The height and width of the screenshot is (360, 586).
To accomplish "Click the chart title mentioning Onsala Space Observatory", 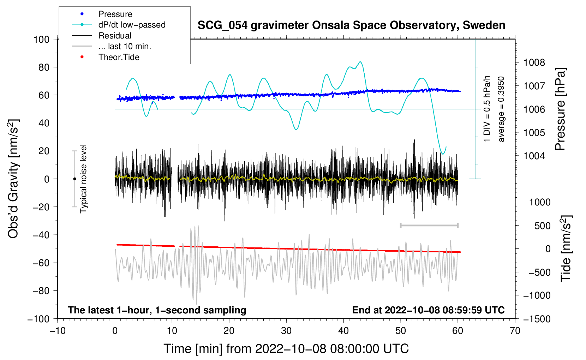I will click(351, 25).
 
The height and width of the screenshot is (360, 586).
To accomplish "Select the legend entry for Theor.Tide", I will click(119, 57).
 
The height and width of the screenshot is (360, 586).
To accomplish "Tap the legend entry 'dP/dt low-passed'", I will click(132, 25).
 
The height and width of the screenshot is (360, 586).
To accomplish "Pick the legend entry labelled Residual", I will click(115, 36).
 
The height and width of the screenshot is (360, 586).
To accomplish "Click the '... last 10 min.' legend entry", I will click(125, 46).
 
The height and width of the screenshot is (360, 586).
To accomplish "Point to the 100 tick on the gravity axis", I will click(42, 39).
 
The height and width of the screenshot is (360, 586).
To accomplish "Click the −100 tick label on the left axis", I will click(39, 319).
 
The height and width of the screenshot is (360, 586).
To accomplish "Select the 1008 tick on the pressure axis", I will click(534, 62).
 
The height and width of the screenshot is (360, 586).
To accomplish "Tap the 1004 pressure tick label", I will click(534, 156).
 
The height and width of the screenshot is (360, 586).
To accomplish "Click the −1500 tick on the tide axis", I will click(537, 319).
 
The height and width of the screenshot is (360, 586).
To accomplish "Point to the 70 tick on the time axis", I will click(515, 331).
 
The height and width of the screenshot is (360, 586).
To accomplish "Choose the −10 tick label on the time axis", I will click(58, 331).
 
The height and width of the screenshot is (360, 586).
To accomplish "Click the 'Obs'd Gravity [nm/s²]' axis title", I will click(13, 179).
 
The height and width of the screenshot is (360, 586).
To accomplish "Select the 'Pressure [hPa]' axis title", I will click(560, 109).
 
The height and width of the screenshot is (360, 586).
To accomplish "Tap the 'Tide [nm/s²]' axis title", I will click(566, 248).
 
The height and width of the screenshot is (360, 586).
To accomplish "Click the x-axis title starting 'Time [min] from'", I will click(286, 349).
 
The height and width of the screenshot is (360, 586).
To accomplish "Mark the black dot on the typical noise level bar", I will click(74, 179).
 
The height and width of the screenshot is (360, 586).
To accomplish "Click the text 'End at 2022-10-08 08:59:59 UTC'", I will click(428, 310).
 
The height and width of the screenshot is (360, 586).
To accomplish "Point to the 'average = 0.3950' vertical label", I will click(501, 109).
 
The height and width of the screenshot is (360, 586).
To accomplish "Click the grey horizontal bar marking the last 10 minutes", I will click(429, 225).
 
